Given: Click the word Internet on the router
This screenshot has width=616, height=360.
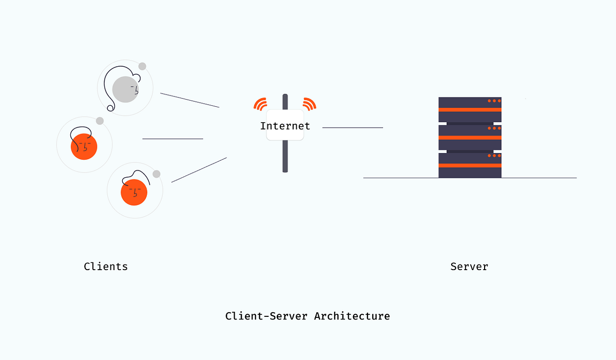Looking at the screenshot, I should tap(285, 126).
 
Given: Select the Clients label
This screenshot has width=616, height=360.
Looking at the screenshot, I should tap(106, 267).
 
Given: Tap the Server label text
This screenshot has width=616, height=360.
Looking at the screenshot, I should tap(469, 267).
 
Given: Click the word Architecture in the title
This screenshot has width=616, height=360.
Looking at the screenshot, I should tap(352, 316).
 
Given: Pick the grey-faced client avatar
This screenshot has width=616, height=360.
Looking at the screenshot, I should tap(125, 89).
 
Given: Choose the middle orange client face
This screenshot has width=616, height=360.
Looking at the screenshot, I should tap(84, 146).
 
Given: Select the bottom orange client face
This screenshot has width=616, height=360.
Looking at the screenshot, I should tap(134, 192).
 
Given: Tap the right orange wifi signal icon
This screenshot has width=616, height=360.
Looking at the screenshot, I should tap(309, 104).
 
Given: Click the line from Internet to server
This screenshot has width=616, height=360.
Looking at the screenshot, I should tap(353, 127).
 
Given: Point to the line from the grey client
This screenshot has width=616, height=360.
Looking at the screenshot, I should tap(189, 100).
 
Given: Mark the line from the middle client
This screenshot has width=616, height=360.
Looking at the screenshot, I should tap(172, 139).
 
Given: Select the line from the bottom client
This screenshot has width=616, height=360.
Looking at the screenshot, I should tap(199, 170).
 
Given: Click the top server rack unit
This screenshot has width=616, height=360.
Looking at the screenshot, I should tap(470, 109).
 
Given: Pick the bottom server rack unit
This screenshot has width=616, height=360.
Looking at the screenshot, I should tap(470, 165).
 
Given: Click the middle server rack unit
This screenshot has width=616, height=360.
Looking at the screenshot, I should tap(470, 137).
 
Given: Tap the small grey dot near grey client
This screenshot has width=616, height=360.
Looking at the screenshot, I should tap(142, 66).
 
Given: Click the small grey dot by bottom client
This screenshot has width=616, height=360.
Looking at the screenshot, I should tap(157, 174).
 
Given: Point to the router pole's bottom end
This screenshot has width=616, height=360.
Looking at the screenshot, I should tap(285, 169).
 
